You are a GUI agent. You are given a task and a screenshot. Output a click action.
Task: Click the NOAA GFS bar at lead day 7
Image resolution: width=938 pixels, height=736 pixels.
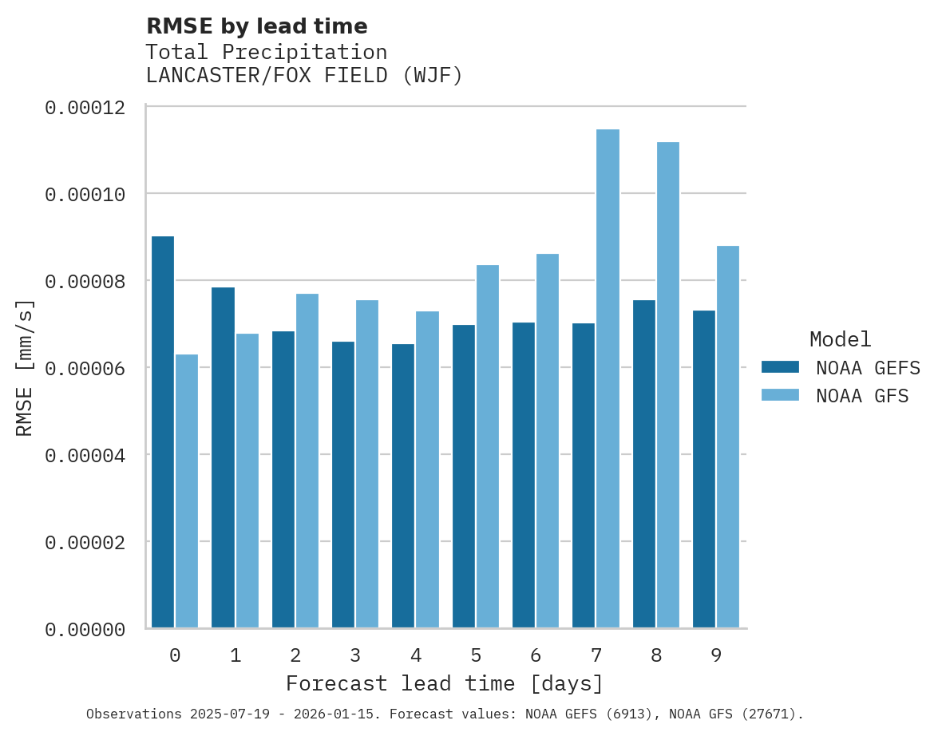[x=608, y=378]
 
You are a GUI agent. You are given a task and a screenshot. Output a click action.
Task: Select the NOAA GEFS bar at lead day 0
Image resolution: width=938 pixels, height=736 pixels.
[x=163, y=432]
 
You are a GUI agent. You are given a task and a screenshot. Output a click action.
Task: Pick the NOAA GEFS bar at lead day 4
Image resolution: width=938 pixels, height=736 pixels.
[x=403, y=486]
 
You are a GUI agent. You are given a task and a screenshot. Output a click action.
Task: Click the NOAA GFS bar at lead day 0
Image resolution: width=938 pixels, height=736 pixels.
[x=187, y=491]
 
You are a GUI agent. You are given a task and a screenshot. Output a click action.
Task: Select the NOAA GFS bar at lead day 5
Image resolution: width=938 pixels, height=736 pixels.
[x=487, y=446]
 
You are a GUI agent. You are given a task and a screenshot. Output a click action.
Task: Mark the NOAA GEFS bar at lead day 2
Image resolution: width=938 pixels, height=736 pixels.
[x=283, y=480]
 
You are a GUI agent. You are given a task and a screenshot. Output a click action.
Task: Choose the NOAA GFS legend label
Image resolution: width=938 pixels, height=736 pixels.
[x=862, y=396]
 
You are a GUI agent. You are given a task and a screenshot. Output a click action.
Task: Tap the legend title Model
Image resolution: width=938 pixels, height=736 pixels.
[x=840, y=339]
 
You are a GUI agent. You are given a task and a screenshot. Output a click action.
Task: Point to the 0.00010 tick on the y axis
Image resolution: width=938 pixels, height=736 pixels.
[x=85, y=195]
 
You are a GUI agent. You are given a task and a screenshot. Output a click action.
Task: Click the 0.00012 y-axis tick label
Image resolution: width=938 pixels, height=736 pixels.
[x=85, y=108]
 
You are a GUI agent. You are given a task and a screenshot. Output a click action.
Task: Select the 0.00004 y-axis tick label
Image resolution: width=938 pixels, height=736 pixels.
[x=85, y=456]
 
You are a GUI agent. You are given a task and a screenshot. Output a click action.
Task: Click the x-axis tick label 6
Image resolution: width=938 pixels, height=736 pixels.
[x=536, y=656]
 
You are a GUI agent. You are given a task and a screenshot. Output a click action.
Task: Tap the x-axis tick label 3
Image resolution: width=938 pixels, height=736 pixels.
[x=355, y=656]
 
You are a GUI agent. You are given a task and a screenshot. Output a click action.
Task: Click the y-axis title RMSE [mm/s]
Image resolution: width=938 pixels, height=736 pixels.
[x=25, y=368]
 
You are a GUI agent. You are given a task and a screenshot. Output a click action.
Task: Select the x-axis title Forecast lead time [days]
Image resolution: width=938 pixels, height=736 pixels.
[x=445, y=684]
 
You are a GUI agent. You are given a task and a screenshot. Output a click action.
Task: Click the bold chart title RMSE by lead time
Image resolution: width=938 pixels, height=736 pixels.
[x=256, y=26]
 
